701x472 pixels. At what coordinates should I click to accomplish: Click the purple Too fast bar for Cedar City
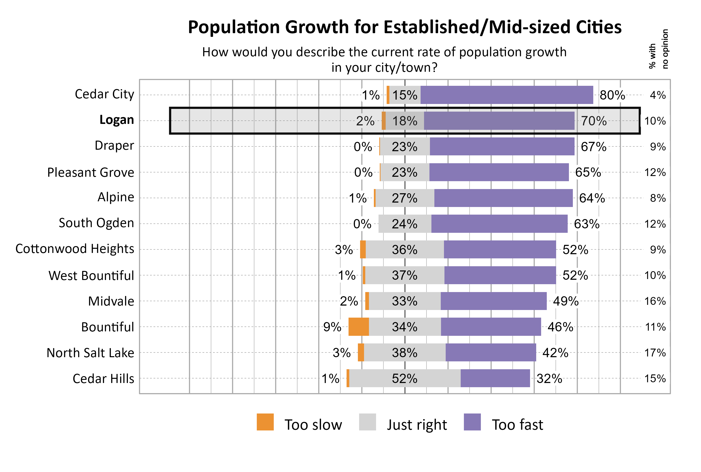506,95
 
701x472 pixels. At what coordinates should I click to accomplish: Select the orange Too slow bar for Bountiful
358,327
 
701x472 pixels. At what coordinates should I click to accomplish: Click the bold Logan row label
117,120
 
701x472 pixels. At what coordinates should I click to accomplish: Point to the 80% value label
612,95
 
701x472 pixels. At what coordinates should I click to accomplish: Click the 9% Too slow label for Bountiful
332,327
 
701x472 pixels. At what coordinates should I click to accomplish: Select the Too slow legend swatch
265,422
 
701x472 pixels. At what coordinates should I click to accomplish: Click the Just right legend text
417,425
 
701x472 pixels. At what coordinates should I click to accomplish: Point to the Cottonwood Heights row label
75,249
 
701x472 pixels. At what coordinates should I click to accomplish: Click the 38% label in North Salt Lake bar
404,353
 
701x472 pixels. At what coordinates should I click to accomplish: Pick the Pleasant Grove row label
90,173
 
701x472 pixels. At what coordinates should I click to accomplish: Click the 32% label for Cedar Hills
549,378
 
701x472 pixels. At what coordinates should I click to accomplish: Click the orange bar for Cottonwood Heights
363,249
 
